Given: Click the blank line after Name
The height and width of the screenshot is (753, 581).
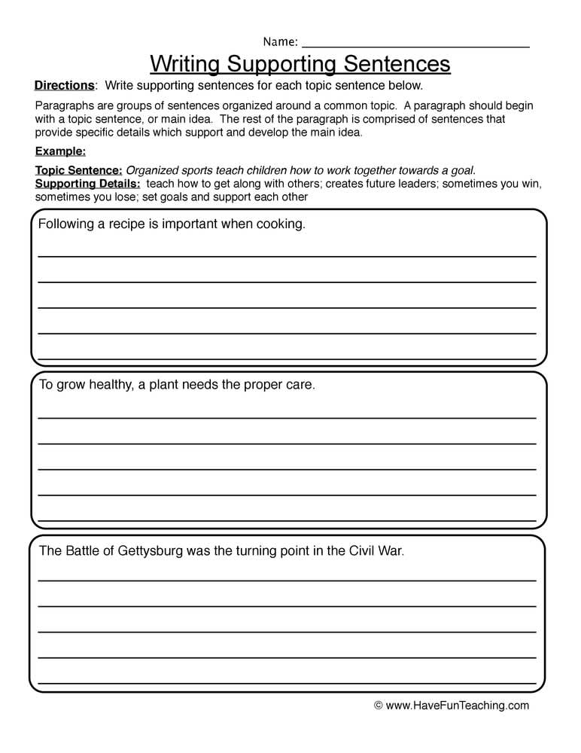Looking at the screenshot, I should pyautogui.click(x=415, y=45).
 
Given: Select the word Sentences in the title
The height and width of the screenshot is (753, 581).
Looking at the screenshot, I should pyautogui.click(x=397, y=63).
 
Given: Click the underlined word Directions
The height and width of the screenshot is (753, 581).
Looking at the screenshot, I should pyautogui.click(x=65, y=85).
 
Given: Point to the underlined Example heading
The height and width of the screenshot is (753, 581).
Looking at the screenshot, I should pyautogui.click(x=60, y=151).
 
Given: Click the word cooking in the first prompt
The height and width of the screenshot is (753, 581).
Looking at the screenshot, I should pyautogui.click(x=279, y=224).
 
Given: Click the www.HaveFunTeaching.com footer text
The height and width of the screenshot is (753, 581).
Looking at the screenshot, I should pyautogui.click(x=458, y=706).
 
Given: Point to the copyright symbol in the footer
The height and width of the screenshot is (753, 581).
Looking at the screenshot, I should pyautogui.click(x=379, y=706).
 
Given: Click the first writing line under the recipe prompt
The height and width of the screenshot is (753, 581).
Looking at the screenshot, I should pyautogui.click(x=287, y=256).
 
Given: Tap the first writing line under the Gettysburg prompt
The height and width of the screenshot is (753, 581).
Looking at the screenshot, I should pyautogui.click(x=287, y=581).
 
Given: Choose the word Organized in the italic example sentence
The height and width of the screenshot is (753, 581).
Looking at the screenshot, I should pyautogui.click(x=152, y=170).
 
